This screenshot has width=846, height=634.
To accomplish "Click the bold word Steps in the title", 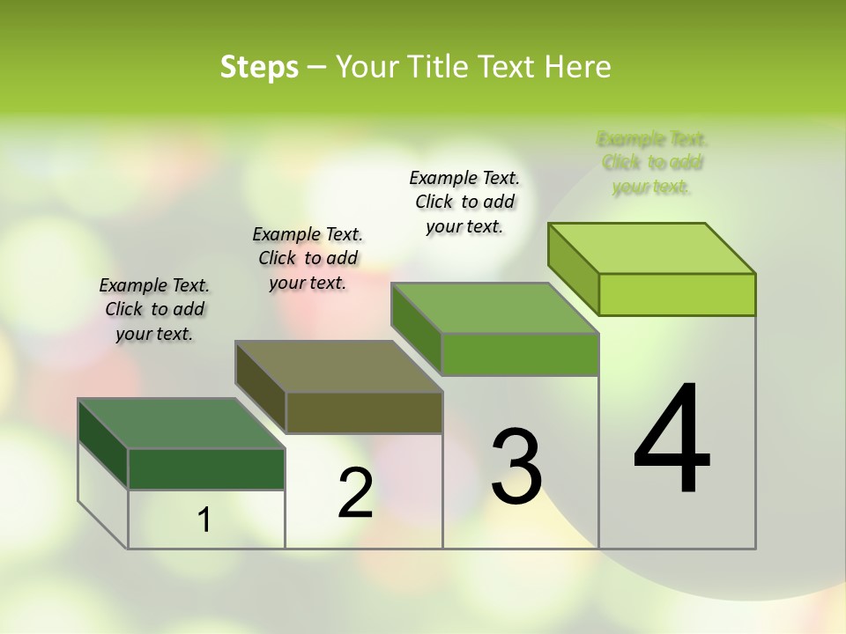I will point(259,67).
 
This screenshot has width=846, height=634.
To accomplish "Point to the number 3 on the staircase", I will point(516,466).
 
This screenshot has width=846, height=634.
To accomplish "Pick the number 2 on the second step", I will point(355,494).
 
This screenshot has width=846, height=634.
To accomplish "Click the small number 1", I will point(204,520).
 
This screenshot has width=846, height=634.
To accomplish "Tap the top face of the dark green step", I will point(181,424).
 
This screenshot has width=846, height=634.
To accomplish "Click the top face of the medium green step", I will point(495,308).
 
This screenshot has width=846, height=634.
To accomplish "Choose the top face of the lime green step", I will point(652,248).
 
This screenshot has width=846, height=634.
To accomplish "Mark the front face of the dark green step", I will point(206,468).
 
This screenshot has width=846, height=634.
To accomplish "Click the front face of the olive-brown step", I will point(364,412).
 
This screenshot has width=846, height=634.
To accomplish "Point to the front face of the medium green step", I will point(520,354).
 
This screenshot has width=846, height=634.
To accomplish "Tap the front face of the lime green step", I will point(677,294).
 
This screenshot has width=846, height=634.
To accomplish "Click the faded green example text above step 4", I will point(652,163).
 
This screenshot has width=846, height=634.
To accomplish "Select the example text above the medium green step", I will point(464,202).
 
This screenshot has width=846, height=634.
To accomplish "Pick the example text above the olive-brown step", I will point(308,258).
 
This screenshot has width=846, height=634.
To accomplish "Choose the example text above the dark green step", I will point(154,309).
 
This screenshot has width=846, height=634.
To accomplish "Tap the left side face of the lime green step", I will point(574,268).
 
